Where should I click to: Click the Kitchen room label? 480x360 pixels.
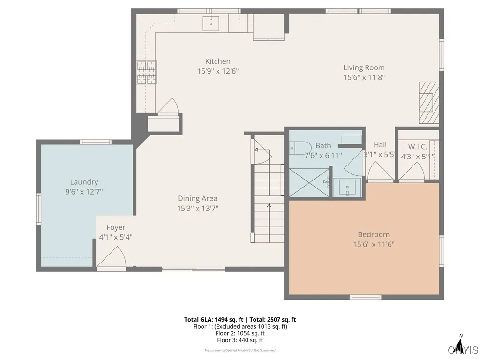[217, 61]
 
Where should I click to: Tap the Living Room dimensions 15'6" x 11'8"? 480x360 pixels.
[364, 78]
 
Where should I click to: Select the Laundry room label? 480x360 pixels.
[84, 182]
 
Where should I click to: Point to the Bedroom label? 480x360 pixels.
[373, 234]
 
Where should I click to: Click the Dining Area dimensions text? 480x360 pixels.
[197, 208]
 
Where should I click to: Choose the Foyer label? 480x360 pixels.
[115, 228]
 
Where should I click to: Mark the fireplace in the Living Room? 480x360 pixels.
[428, 103]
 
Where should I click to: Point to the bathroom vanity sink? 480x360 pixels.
[347, 188]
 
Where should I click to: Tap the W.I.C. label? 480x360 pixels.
[417, 147]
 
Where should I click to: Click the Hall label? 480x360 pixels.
[380, 145]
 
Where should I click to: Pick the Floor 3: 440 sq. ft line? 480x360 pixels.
[240, 340]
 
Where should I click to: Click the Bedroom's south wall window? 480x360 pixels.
[365, 297]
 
